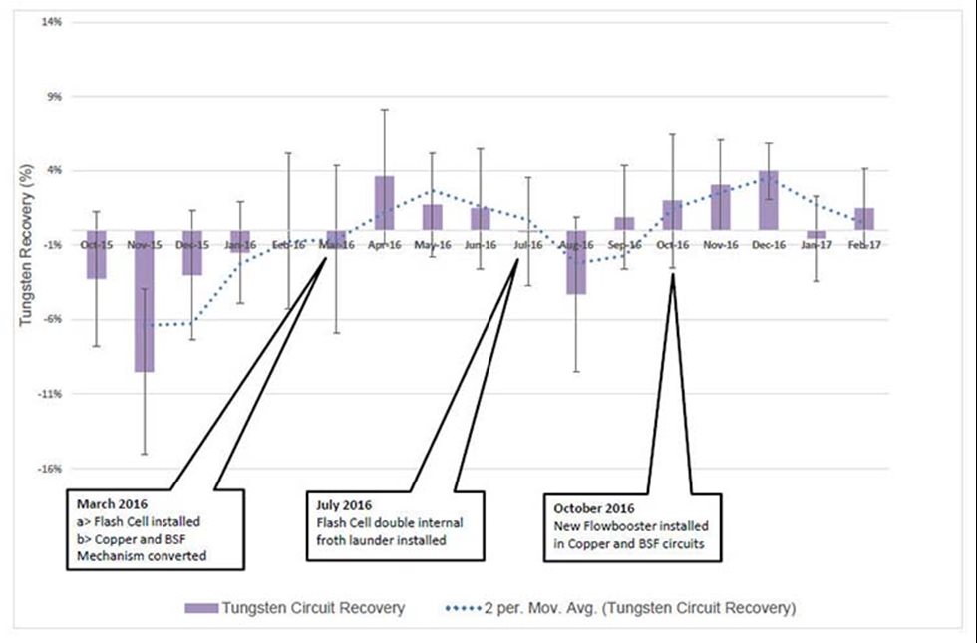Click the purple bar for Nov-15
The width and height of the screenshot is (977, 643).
coord(145,301)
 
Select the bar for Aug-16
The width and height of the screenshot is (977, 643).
coord(575,262)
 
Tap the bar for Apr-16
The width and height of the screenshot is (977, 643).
coord(384,203)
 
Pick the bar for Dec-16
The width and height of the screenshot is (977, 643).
coord(768,200)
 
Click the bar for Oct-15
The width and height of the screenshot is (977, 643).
coord(96,254)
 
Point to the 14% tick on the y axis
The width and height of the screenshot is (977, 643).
coord(50,21)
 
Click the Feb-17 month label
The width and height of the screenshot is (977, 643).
coord(863,244)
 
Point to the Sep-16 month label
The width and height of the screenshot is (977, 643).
coord(624,244)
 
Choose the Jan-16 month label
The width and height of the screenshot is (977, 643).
coord(240,244)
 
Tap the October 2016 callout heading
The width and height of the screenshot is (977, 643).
coord(596,509)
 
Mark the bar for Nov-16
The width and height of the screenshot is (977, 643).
coord(720,207)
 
